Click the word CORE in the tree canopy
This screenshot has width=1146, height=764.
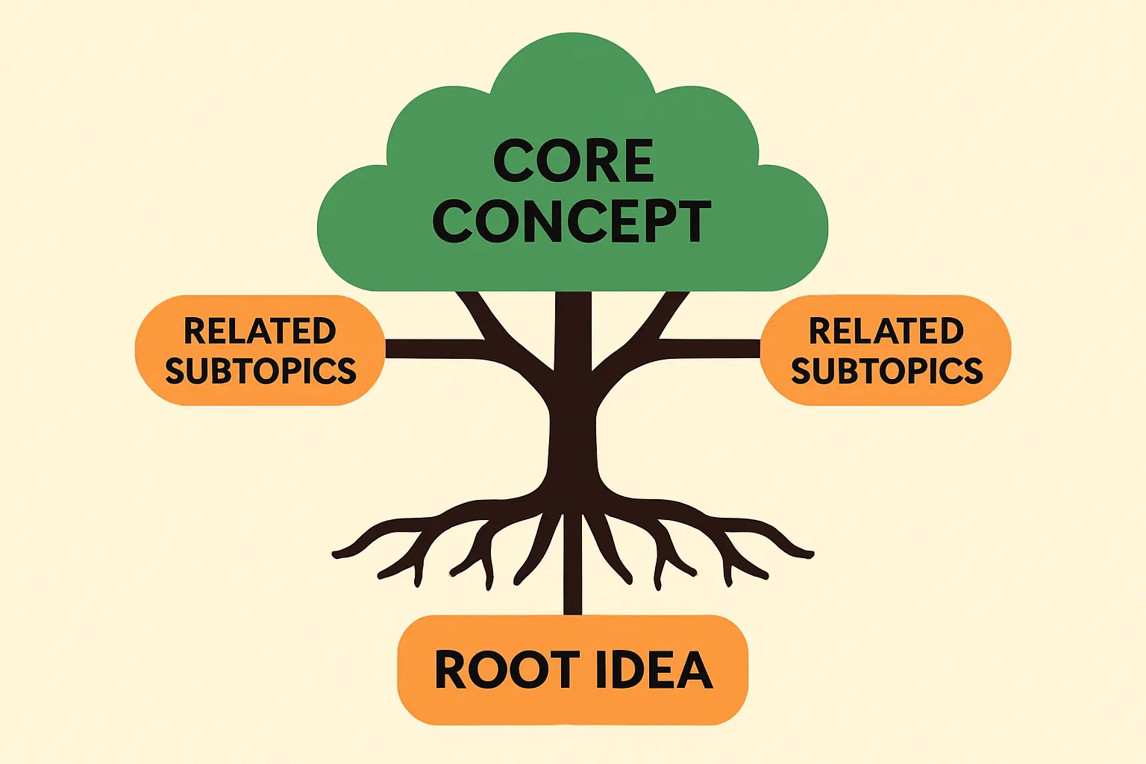573,160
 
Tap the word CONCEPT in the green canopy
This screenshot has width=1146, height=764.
572,221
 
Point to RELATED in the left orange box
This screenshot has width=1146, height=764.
260,331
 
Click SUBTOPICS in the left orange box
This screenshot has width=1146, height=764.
260,371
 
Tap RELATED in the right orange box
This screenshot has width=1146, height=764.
886,331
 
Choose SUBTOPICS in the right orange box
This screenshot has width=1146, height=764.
886,371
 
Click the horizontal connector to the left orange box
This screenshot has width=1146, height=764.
433,348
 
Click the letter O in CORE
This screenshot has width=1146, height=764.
551,161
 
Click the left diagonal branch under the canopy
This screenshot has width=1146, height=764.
477,313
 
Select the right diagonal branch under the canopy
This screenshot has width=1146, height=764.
668,313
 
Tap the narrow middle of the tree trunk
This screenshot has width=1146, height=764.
573,440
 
